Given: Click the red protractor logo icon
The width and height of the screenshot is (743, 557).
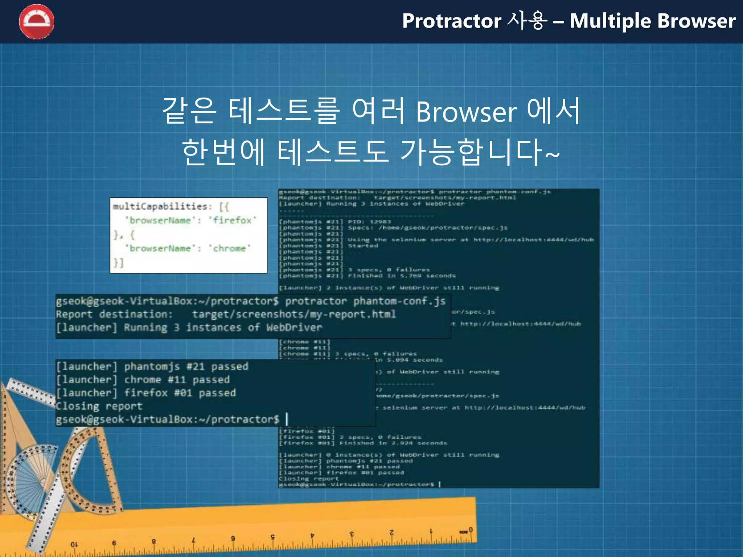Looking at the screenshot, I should [x=36, y=22].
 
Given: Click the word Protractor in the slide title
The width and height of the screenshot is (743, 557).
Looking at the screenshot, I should [x=451, y=21].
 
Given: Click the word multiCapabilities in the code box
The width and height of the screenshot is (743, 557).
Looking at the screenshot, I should [x=160, y=207].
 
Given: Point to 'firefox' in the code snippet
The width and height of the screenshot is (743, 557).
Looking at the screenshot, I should [x=232, y=220].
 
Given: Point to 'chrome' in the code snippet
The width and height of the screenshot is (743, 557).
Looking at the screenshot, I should [x=229, y=248].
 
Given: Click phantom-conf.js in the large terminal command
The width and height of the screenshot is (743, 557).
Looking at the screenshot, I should [x=399, y=301].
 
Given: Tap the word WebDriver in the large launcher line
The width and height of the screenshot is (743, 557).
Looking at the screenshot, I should [x=294, y=328].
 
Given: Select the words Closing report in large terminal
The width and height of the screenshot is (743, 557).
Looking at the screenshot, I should [x=99, y=406].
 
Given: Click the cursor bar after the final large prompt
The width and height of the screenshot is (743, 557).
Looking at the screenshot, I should [x=287, y=419].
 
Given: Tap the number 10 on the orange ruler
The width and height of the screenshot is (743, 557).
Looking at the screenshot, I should [x=74, y=544].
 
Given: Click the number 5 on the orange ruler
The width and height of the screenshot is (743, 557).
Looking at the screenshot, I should [x=272, y=537].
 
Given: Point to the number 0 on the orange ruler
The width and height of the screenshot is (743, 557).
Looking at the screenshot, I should [x=470, y=530].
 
